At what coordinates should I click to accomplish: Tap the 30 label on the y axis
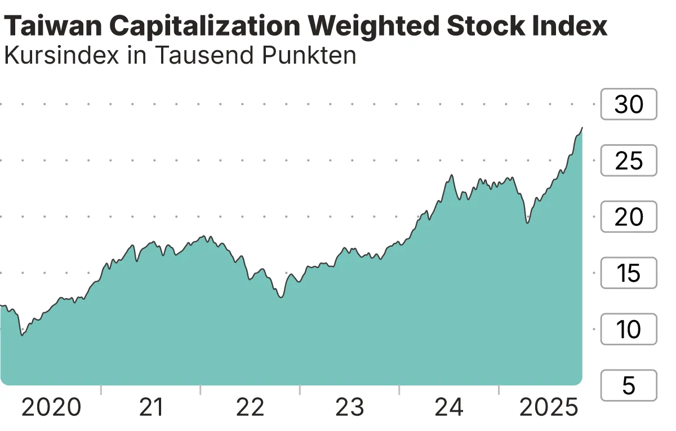coord(629,104)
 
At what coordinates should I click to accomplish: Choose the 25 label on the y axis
coord(629,161)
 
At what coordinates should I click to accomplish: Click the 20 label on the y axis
coord(629,217)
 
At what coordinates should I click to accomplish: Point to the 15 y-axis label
coord(629,273)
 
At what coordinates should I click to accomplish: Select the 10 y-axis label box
coord(629,330)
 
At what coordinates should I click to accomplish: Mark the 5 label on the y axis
coord(629,386)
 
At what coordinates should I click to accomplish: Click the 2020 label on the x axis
coord(51,407)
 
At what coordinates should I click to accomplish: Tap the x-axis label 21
coord(151,407)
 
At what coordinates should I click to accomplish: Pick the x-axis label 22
coord(250,407)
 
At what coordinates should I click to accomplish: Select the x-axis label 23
coord(350,407)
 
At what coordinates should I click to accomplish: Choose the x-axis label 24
coord(449,407)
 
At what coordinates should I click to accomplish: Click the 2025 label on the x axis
coord(549,407)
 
